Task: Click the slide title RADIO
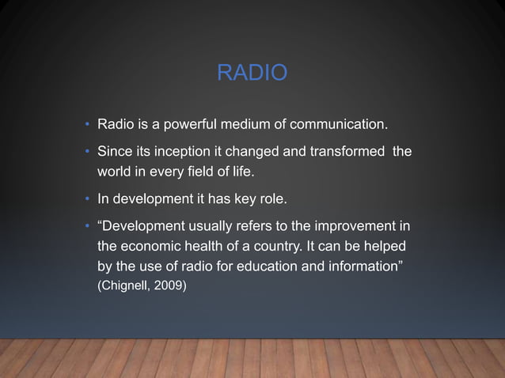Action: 252,74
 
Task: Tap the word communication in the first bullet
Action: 338,125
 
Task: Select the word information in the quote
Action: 365,266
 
